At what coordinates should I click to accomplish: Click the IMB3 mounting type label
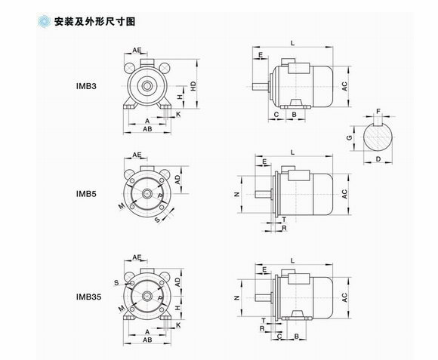pos(86,86)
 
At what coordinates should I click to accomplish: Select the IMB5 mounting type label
pos(86,194)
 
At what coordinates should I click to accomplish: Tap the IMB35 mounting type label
pos(88,297)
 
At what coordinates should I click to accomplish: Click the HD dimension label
pos(193,86)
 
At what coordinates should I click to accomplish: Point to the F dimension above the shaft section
pos(378,112)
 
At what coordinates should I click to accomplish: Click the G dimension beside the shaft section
pos(349,137)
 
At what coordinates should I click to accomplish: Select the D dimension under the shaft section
pos(378,159)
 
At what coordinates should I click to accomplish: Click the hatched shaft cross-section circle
pos(378,137)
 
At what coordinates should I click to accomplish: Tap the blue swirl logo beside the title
pos(44,21)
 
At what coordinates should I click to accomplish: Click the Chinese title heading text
pos(94,21)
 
